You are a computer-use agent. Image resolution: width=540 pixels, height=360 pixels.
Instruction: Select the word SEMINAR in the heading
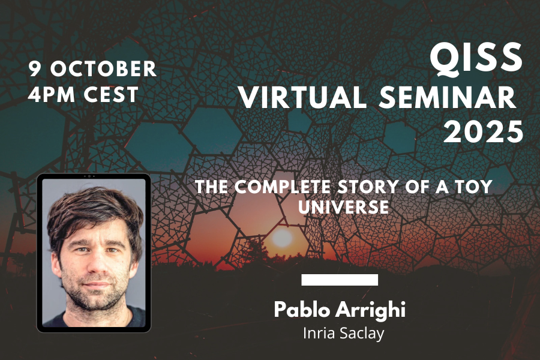[x=448, y=97]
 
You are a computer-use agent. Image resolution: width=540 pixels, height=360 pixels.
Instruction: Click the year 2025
[x=483, y=131]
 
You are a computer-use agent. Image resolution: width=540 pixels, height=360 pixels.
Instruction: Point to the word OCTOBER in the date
[x=103, y=68]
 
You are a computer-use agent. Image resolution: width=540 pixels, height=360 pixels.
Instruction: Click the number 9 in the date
[x=34, y=68]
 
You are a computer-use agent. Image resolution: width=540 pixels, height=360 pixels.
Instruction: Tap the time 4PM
[x=52, y=94]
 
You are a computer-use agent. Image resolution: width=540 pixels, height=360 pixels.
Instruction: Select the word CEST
[x=111, y=94]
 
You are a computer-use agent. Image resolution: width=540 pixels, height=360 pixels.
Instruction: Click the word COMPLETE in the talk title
[x=283, y=187]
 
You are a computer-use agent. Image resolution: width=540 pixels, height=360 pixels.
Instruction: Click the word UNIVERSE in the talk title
[x=343, y=207]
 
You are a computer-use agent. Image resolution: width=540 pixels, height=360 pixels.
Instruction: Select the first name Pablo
[x=302, y=309]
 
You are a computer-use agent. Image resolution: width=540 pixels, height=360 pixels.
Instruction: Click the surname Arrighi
[x=370, y=310]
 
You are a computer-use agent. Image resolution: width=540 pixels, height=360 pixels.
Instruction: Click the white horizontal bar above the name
[x=340, y=280]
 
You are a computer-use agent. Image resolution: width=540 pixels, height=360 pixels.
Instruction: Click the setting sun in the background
[x=282, y=238]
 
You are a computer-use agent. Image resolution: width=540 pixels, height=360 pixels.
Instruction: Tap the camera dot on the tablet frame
[x=89, y=176]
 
